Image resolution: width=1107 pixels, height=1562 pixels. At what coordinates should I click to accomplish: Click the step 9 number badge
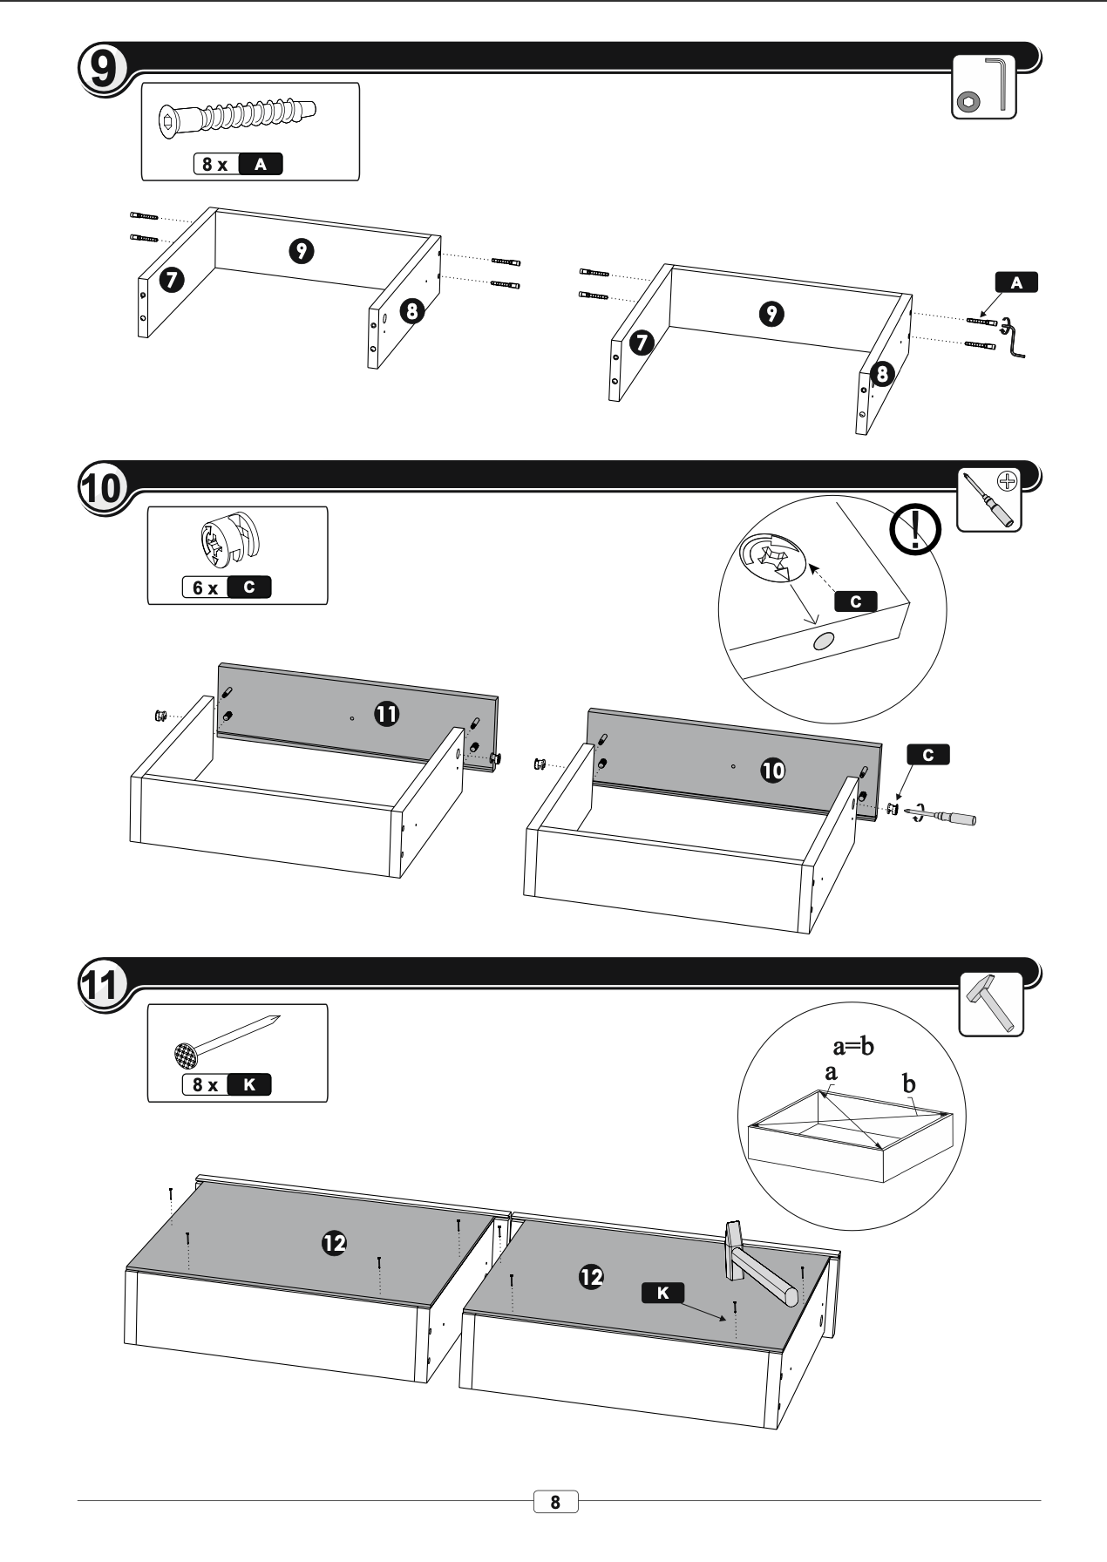pyautogui.click(x=102, y=68)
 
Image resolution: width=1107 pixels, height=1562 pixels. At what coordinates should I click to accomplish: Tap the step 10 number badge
pyautogui.click(x=102, y=486)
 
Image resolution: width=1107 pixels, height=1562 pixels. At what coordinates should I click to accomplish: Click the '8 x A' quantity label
pyautogui.click(x=238, y=164)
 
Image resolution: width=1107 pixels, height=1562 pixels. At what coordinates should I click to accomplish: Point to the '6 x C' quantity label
pyautogui.click(x=227, y=587)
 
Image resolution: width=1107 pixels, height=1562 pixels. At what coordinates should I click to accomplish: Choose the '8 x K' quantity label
pyautogui.click(x=227, y=1084)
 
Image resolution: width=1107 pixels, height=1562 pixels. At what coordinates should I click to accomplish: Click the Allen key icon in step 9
pyautogui.click(x=984, y=87)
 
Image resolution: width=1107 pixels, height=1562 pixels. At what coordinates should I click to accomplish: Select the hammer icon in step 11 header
pyautogui.click(x=991, y=1003)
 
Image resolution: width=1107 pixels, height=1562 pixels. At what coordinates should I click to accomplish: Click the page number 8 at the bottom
pyautogui.click(x=555, y=1503)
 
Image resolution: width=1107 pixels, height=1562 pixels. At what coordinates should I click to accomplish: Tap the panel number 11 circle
pyautogui.click(x=385, y=714)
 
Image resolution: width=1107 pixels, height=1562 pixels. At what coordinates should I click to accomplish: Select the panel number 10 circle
pyautogui.click(x=772, y=770)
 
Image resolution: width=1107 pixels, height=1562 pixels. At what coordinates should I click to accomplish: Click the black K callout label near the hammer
pyautogui.click(x=662, y=1293)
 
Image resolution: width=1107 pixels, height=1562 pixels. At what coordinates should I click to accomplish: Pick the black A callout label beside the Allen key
pyautogui.click(x=1016, y=282)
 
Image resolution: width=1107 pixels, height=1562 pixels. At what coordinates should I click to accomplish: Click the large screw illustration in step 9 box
pyautogui.click(x=237, y=117)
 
